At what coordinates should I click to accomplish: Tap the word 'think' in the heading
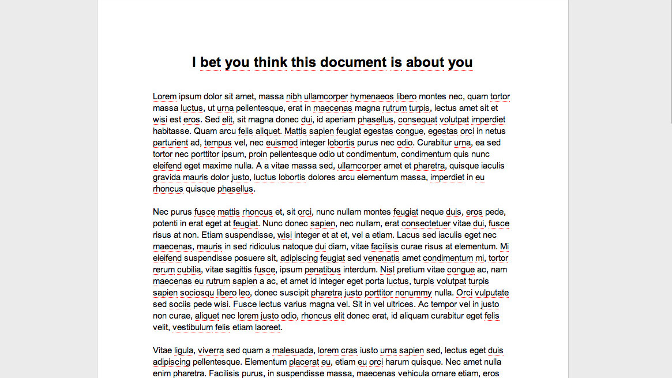coord(270,62)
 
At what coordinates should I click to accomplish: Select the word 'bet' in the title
coord(211,62)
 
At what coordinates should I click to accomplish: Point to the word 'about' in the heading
coord(425,62)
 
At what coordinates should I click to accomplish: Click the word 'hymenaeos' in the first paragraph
coord(371,96)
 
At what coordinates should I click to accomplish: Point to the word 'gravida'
coord(167,177)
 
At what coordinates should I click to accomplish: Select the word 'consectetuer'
coord(426,223)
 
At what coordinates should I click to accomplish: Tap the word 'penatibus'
coord(323,270)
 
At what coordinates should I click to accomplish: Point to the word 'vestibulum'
coord(193,327)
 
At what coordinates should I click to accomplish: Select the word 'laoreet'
coord(268,327)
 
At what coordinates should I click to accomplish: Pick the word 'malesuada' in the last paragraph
coord(293,350)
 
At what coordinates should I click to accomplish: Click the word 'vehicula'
coord(410,373)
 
